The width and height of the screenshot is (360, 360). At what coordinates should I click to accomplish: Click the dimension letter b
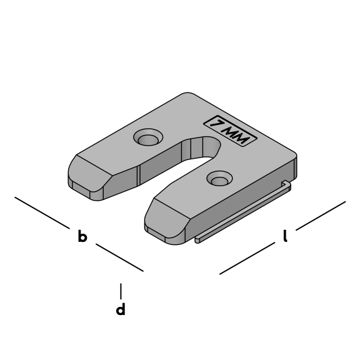(82, 236)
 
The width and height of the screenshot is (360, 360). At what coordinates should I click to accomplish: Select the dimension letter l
(285, 236)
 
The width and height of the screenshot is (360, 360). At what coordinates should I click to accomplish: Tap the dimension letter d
(121, 309)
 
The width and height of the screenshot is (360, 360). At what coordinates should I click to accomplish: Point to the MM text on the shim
(236, 135)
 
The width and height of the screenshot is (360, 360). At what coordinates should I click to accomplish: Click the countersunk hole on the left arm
(148, 137)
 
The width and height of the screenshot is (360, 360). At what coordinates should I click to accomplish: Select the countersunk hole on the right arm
(220, 179)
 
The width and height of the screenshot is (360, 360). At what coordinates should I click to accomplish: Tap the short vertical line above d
(121, 291)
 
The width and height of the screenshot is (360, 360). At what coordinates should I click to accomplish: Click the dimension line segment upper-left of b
(42, 213)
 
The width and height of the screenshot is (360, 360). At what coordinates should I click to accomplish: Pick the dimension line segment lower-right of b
(119, 257)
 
